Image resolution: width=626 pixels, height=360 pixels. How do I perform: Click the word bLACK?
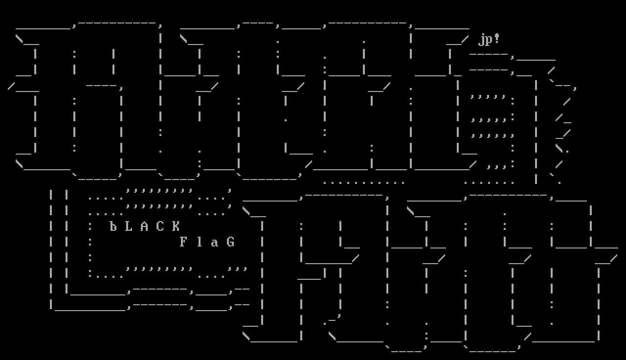pos(144,226)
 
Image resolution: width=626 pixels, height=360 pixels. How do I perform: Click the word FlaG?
pos(207,242)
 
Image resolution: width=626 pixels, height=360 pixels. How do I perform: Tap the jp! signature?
pos(489,39)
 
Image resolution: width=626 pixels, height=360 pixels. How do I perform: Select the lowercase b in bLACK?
pos(113,226)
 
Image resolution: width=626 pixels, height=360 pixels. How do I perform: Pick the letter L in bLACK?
pos(129,226)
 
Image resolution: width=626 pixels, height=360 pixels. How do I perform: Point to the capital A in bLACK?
pos(144,226)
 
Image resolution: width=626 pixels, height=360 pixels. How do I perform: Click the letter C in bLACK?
pos(160,226)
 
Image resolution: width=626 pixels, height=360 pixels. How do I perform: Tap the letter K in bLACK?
pos(176,226)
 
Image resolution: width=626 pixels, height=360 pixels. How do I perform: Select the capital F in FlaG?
pos(183,242)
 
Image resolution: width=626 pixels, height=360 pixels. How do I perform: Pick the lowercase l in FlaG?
pos(199,242)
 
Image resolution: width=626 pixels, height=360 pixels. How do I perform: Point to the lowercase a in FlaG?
pos(215,242)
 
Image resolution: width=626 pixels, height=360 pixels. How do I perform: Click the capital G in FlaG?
pos(230,242)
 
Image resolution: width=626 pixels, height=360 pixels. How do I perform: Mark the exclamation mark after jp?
pos(497,39)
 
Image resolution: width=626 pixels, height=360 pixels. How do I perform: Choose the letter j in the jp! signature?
pos(481,40)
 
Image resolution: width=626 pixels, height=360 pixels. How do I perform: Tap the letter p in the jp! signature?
pos(489,40)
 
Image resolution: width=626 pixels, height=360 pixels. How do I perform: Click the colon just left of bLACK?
pos(90,226)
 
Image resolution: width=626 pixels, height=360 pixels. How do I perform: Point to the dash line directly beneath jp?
pos(489,54)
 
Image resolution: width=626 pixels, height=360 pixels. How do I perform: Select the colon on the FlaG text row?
pos(90,242)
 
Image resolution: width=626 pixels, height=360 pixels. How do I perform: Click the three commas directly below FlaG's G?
pos(238,269)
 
